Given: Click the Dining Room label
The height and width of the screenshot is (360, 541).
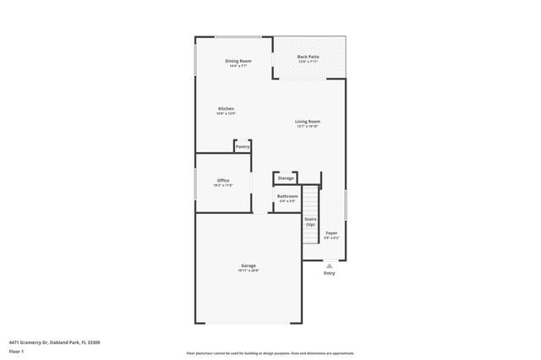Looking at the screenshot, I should (238, 61).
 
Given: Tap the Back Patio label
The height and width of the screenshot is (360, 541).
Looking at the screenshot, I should (308, 57).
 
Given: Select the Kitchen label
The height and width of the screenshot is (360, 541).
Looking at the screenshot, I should (226, 108).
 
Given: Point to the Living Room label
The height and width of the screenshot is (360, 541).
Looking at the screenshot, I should (307, 121).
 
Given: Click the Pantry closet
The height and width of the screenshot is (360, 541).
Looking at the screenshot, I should (242, 146).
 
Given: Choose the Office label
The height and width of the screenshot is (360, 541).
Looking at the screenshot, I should (223, 180).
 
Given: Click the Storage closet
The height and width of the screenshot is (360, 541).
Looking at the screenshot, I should (286, 178).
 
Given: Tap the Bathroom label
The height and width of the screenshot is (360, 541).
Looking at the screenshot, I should (287, 196).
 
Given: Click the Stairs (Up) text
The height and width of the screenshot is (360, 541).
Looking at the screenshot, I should (310, 222).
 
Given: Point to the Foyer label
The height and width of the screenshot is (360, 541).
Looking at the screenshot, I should (331, 233).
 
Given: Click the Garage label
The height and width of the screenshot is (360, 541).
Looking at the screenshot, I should (249, 265).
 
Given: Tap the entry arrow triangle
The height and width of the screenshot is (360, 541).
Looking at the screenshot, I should (330, 265).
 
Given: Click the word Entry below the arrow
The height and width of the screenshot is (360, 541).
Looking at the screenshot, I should (330, 273).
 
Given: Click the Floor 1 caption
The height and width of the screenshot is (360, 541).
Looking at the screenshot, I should (16, 351).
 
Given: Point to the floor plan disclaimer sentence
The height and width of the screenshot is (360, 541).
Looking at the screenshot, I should (270, 352).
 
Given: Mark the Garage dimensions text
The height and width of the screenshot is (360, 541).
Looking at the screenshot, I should (249, 270).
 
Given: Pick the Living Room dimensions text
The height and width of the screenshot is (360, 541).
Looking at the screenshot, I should (307, 126).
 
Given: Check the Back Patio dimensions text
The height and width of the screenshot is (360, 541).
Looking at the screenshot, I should (308, 62).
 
